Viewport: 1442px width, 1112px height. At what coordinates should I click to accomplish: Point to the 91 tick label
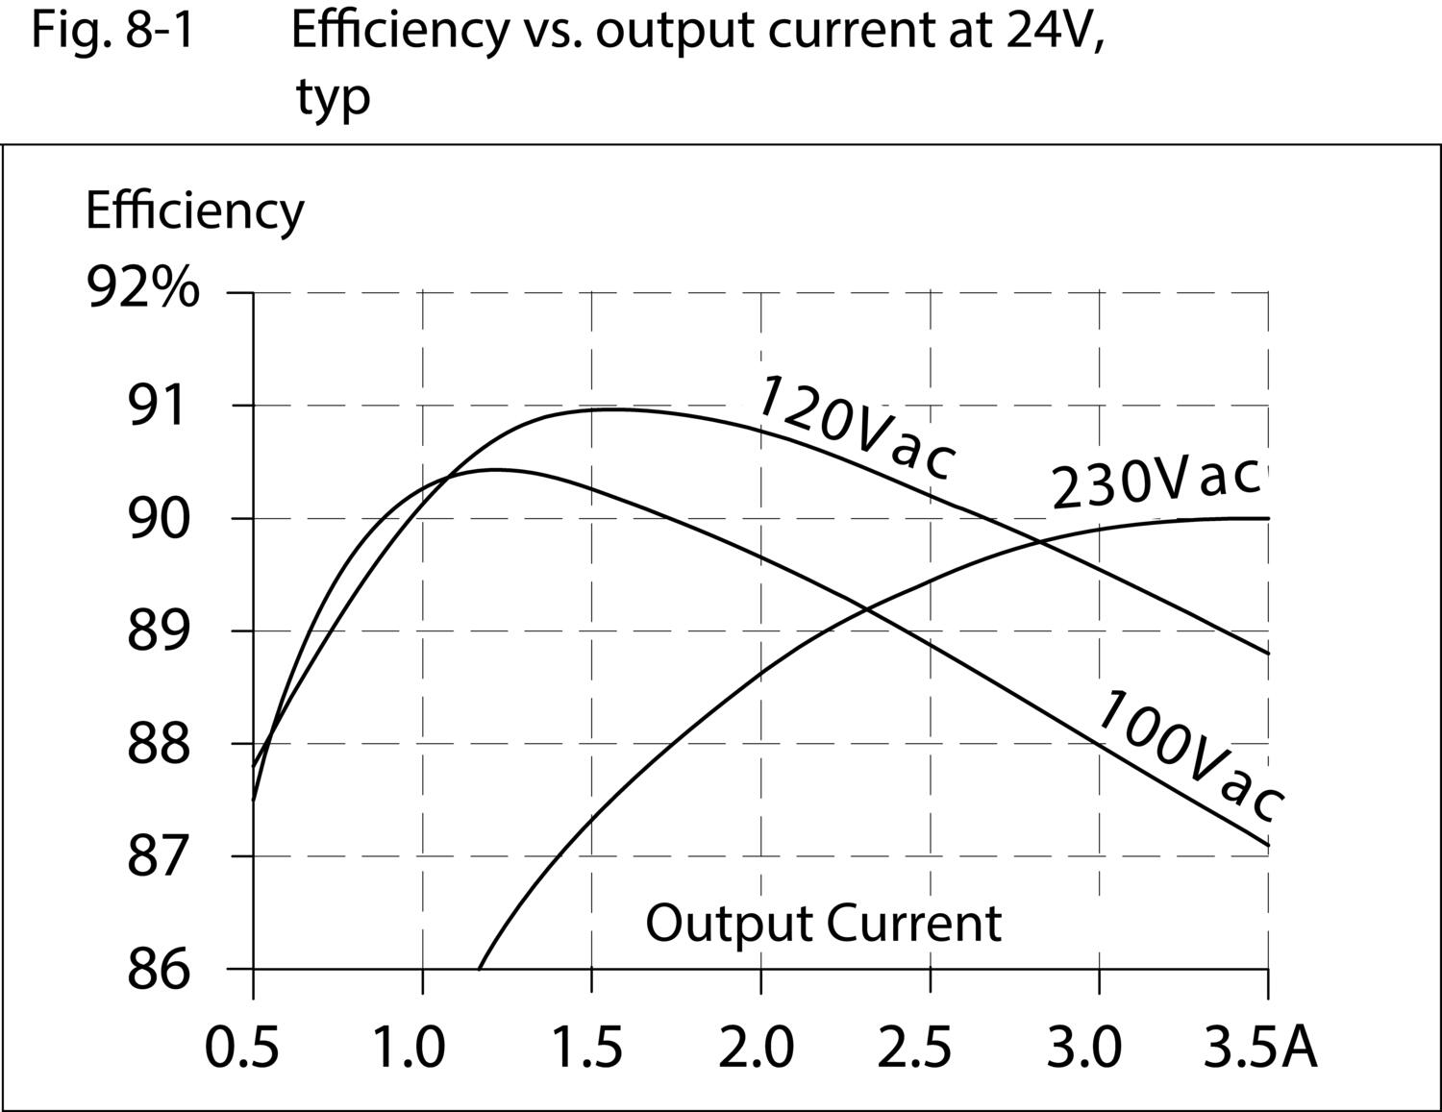pos(155,407)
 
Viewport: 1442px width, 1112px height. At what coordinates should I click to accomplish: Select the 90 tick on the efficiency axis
pos(155,519)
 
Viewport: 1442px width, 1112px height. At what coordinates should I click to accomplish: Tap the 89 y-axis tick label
pos(155,631)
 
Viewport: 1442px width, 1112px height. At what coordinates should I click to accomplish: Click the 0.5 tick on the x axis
pos(242,1047)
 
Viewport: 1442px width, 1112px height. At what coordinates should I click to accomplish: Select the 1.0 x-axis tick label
pos(409,1047)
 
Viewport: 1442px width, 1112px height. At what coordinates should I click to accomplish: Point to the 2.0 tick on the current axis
pos(757,1047)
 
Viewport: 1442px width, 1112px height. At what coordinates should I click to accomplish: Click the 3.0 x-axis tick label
pos(1083,1047)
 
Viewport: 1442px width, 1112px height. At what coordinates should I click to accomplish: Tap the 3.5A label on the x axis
pos(1260,1047)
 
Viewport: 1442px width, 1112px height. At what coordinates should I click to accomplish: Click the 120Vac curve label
pos(855,428)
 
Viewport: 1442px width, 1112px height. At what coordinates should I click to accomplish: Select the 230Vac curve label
pos(1155,482)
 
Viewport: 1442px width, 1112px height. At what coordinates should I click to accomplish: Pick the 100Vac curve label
pos(1188,755)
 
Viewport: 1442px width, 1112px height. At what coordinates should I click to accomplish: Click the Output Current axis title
pos(823,923)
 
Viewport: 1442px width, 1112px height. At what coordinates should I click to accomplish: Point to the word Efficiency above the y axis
pos(194,210)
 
